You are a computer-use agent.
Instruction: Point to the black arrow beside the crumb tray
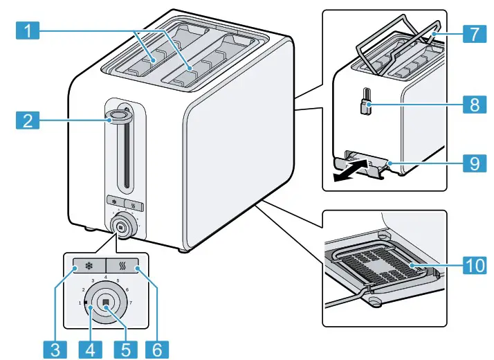[x=349, y=172]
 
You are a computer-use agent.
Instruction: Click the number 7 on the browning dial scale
[x=130, y=303]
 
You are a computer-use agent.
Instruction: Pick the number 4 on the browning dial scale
[x=105, y=277]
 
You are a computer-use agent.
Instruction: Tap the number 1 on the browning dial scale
[x=80, y=303]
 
